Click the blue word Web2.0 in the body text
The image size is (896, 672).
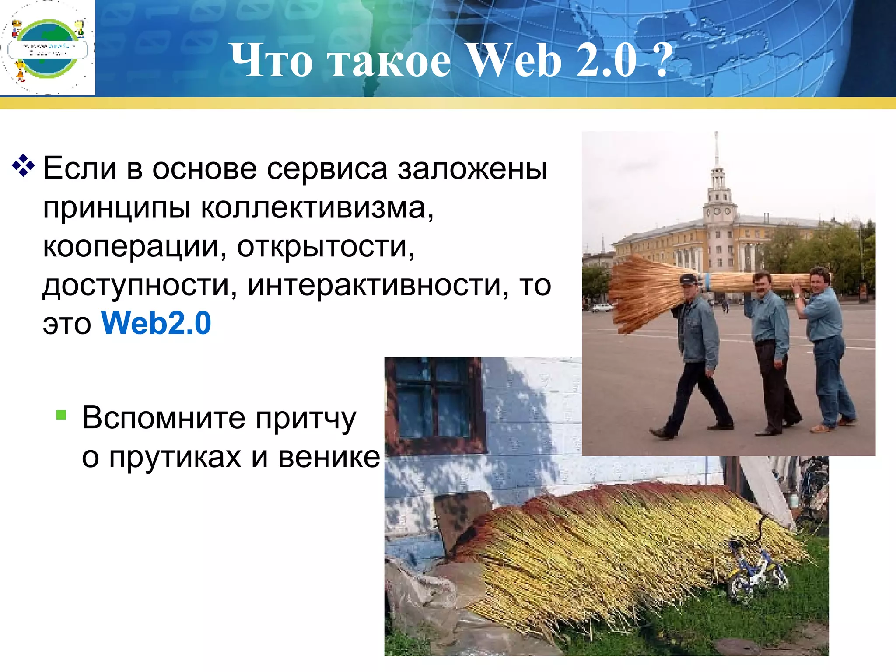[x=156, y=323]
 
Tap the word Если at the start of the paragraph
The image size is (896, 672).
[x=80, y=168]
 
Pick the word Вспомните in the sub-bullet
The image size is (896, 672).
[x=164, y=418]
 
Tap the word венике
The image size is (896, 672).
[x=329, y=457]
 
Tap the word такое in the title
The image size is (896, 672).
[x=390, y=61]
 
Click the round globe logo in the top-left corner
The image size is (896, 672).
[x=47, y=48]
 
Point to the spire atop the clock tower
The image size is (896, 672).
[x=716, y=149]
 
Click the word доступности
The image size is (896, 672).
[x=136, y=285]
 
